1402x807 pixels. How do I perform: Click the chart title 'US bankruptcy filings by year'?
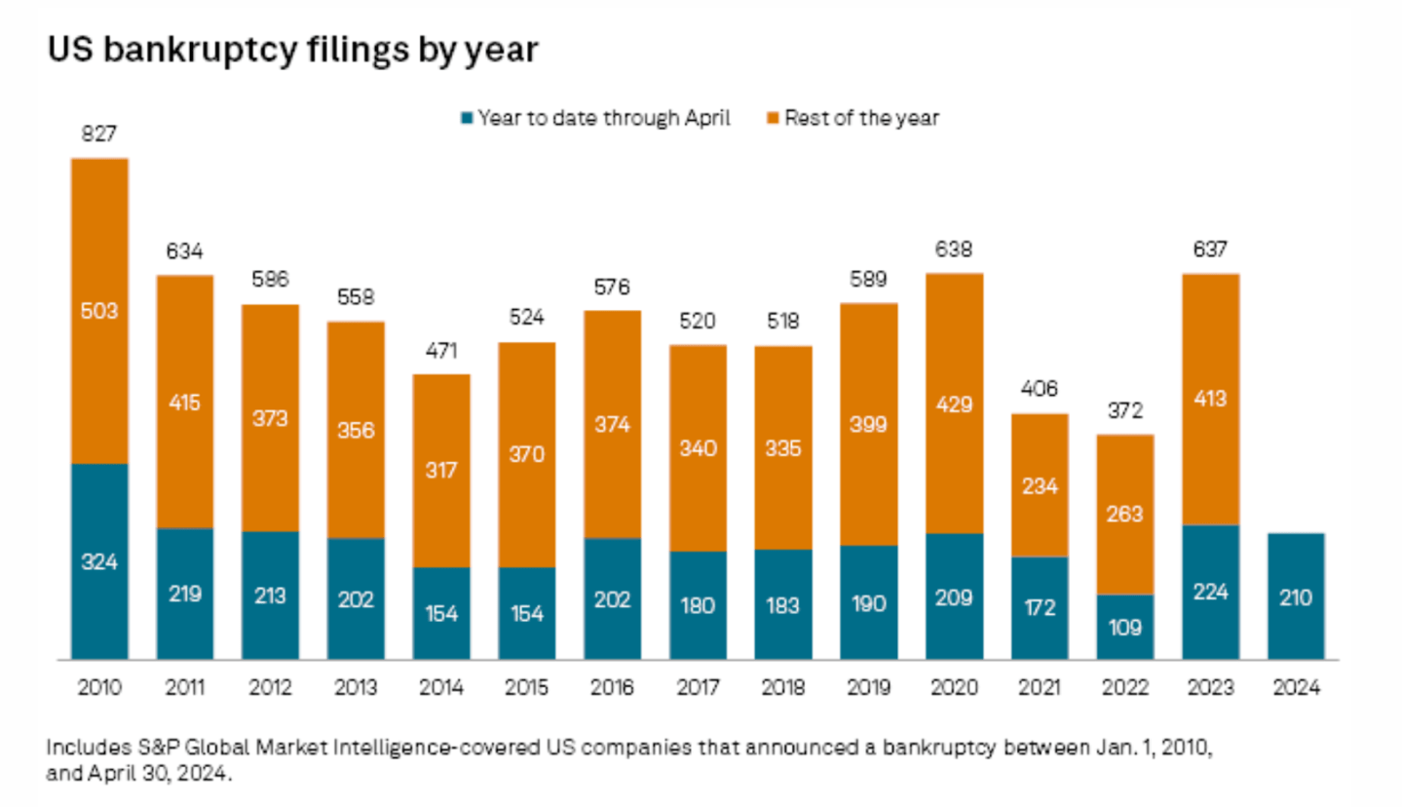(x=292, y=50)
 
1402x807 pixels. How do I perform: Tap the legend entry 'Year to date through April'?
(x=594, y=119)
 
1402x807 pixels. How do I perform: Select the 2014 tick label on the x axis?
(x=441, y=687)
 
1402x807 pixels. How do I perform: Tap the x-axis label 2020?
(x=954, y=687)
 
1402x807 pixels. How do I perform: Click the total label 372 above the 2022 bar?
(x=1125, y=410)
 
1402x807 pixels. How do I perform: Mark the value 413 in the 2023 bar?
(x=1211, y=398)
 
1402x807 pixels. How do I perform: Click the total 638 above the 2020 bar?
(x=954, y=250)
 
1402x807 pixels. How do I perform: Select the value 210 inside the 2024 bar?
(x=1296, y=598)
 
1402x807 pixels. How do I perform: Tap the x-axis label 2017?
(x=698, y=687)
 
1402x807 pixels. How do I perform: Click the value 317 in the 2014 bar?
(x=441, y=470)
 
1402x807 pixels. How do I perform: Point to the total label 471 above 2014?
(x=441, y=350)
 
